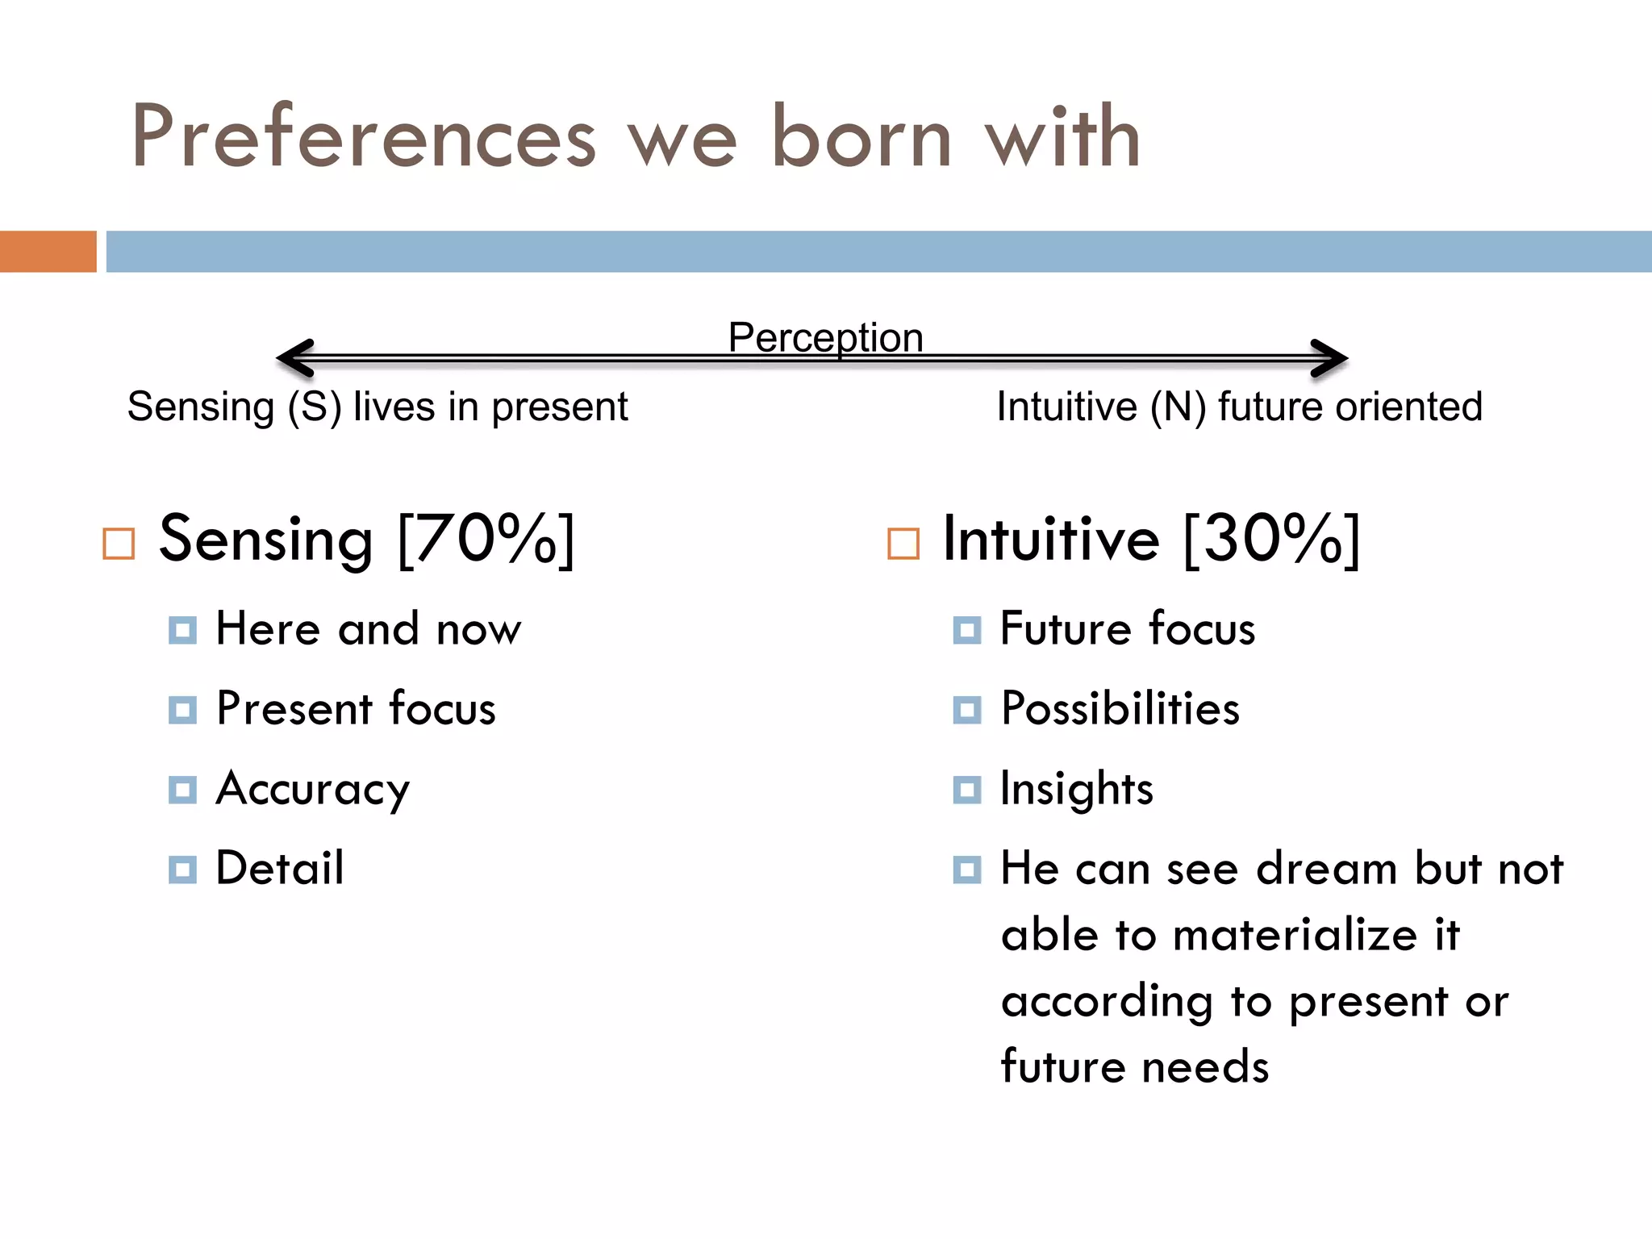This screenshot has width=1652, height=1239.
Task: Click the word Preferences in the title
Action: coord(363,137)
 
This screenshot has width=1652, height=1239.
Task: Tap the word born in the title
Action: coord(861,137)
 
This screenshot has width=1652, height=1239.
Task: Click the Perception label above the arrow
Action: coord(825,337)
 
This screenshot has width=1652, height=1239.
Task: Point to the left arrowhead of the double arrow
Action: coord(294,358)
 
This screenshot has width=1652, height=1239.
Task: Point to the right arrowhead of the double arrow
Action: coord(1329,358)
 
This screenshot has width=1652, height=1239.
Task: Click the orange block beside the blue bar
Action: coord(48,252)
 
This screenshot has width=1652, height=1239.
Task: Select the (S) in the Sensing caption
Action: coord(315,407)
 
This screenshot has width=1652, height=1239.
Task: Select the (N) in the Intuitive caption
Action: coord(1178,407)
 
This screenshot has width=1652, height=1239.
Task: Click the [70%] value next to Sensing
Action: coord(486,539)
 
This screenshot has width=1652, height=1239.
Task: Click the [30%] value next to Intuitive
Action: coord(1272,539)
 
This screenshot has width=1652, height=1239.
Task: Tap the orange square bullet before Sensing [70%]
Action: coord(119,544)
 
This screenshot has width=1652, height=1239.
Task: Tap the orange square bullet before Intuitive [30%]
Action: coord(903,544)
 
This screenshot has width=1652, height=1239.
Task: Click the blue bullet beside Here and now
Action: coord(182,630)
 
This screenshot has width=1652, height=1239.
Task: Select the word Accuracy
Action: coord(313,790)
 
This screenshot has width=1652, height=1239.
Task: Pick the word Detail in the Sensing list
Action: coord(280,869)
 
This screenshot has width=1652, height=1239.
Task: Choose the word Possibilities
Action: coord(1120,709)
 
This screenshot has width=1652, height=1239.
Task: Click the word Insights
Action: coord(1077,790)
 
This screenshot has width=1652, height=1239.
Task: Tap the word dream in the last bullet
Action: coord(1327,870)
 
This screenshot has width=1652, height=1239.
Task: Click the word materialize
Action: coord(1295,936)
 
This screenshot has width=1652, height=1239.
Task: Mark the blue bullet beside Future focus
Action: coord(966,630)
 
